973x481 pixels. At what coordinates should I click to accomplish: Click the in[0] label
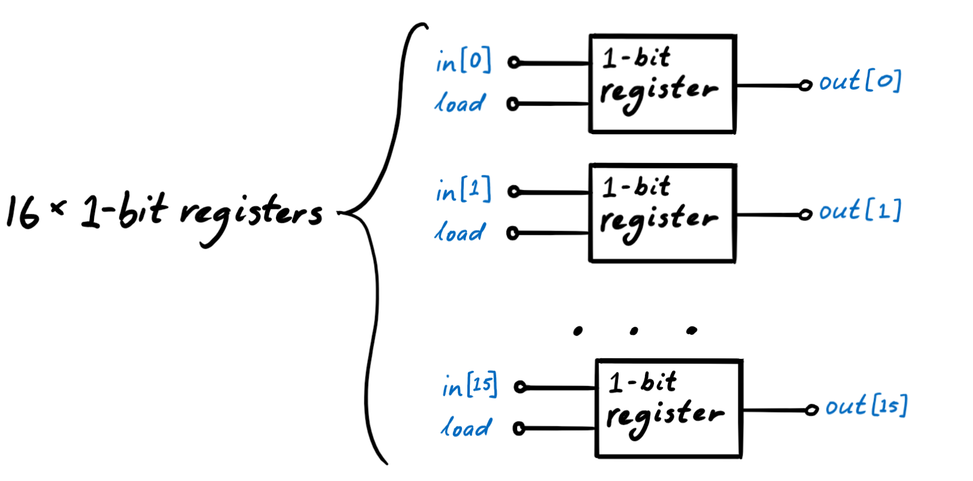coord(464,61)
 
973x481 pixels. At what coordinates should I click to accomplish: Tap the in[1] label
coord(464,190)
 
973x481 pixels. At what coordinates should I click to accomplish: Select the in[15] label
coord(470,386)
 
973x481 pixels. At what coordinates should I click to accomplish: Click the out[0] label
coord(860,81)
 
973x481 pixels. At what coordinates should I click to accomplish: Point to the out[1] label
coord(860,210)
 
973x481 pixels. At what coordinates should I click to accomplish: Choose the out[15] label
coord(866,406)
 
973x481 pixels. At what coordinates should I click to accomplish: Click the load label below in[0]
coord(460,103)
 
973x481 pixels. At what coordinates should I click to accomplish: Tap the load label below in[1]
coord(460,232)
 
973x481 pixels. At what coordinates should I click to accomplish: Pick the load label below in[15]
coord(466,428)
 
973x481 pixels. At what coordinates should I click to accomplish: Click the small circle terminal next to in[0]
coord(513,62)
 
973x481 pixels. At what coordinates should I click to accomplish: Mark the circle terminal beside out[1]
coord(805,214)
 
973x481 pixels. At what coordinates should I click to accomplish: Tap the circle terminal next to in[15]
coord(520,388)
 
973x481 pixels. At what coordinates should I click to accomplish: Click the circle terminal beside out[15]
coord(811,410)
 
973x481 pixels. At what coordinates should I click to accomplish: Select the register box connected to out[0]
coord(662,83)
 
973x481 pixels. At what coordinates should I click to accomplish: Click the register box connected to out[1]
coord(662,213)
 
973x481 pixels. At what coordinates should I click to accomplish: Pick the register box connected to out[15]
coord(669,409)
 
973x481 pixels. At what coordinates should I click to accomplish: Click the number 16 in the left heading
coord(23,212)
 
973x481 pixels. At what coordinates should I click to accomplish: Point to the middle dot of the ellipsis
coord(634,331)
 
